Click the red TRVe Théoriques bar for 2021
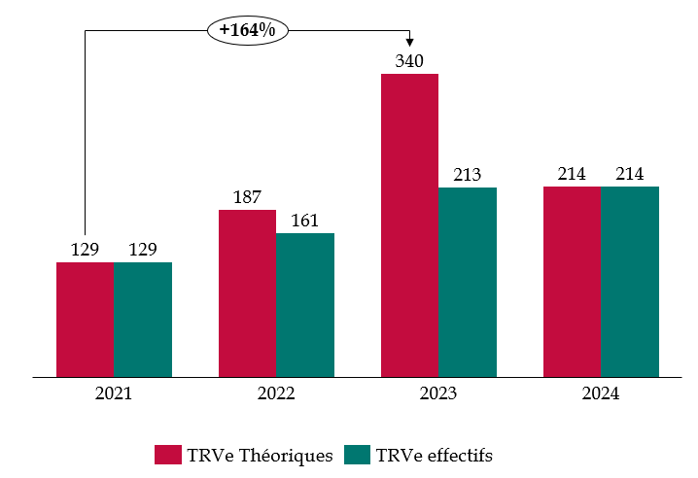click(86, 319)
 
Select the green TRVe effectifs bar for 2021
click(143, 319)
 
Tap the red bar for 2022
click(247, 292)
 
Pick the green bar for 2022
click(304, 304)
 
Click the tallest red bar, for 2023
click(409, 224)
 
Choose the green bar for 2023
click(468, 282)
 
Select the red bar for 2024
click(572, 281)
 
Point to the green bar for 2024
click(630, 281)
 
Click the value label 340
click(409, 61)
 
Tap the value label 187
click(247, 197)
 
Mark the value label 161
click(304, 221)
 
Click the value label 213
click(468, 175)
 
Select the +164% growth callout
click(247, 30)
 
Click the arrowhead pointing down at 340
click(409, 42)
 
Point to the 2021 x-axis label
click(114, 393)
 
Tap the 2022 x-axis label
click(276, 393)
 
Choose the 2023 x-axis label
click(438, 393)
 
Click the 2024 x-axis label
click(601, 393)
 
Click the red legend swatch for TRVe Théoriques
click(167, 456)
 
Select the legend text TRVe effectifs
click(434, 456)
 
